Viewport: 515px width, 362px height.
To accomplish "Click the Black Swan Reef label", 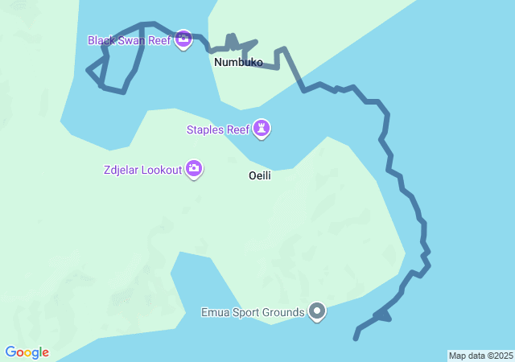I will pos(130,39).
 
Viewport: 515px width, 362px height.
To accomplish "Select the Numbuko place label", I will pos(238,62).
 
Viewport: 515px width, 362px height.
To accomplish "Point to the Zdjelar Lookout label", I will pos(142,169).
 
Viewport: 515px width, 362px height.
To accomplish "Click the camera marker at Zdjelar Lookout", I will pos(194,168).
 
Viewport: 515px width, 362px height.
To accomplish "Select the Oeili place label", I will pos(259,175).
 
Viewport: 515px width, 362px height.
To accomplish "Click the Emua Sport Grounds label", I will pos(253,311).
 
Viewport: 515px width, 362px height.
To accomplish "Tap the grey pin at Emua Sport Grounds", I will pos(317,311).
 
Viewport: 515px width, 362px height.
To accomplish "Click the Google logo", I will pos(27,352).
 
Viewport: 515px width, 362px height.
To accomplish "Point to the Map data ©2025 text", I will pos(480,356).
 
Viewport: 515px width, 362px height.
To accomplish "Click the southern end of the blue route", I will pos(355,339).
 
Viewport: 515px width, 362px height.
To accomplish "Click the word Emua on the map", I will pos(215,311).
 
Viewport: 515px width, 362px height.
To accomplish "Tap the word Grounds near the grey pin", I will pos(283,311).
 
